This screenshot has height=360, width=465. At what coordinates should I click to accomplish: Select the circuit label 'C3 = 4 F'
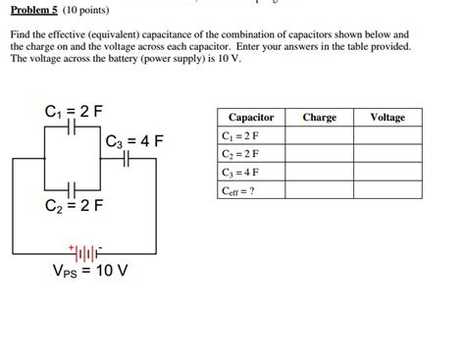[x=134, y=141]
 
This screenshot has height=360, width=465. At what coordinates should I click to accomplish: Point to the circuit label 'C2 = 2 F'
[x=72, y=207]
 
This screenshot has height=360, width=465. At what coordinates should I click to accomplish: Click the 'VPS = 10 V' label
[x=91, y=271]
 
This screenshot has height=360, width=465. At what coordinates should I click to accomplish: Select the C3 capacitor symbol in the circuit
[x=124, y=160]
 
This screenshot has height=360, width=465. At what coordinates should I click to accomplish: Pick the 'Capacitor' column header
[x=251, y=118]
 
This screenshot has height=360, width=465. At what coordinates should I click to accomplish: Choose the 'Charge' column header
[x=320, y=118]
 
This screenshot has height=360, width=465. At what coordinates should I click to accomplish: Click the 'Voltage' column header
[x=387, y=118]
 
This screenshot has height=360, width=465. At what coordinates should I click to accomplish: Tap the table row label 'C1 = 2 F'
[x=240, y=136]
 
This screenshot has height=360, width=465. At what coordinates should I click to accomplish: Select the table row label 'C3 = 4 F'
[x=240, y=173]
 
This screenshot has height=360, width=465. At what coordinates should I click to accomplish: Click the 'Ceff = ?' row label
[x=238, y=191]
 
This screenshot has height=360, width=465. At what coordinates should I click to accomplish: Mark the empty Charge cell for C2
[x=320, y=155]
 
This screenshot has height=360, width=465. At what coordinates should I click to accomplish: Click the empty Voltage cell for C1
[x=387, y=136]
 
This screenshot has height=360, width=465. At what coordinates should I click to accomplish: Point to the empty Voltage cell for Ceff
[x=387, y=191]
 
